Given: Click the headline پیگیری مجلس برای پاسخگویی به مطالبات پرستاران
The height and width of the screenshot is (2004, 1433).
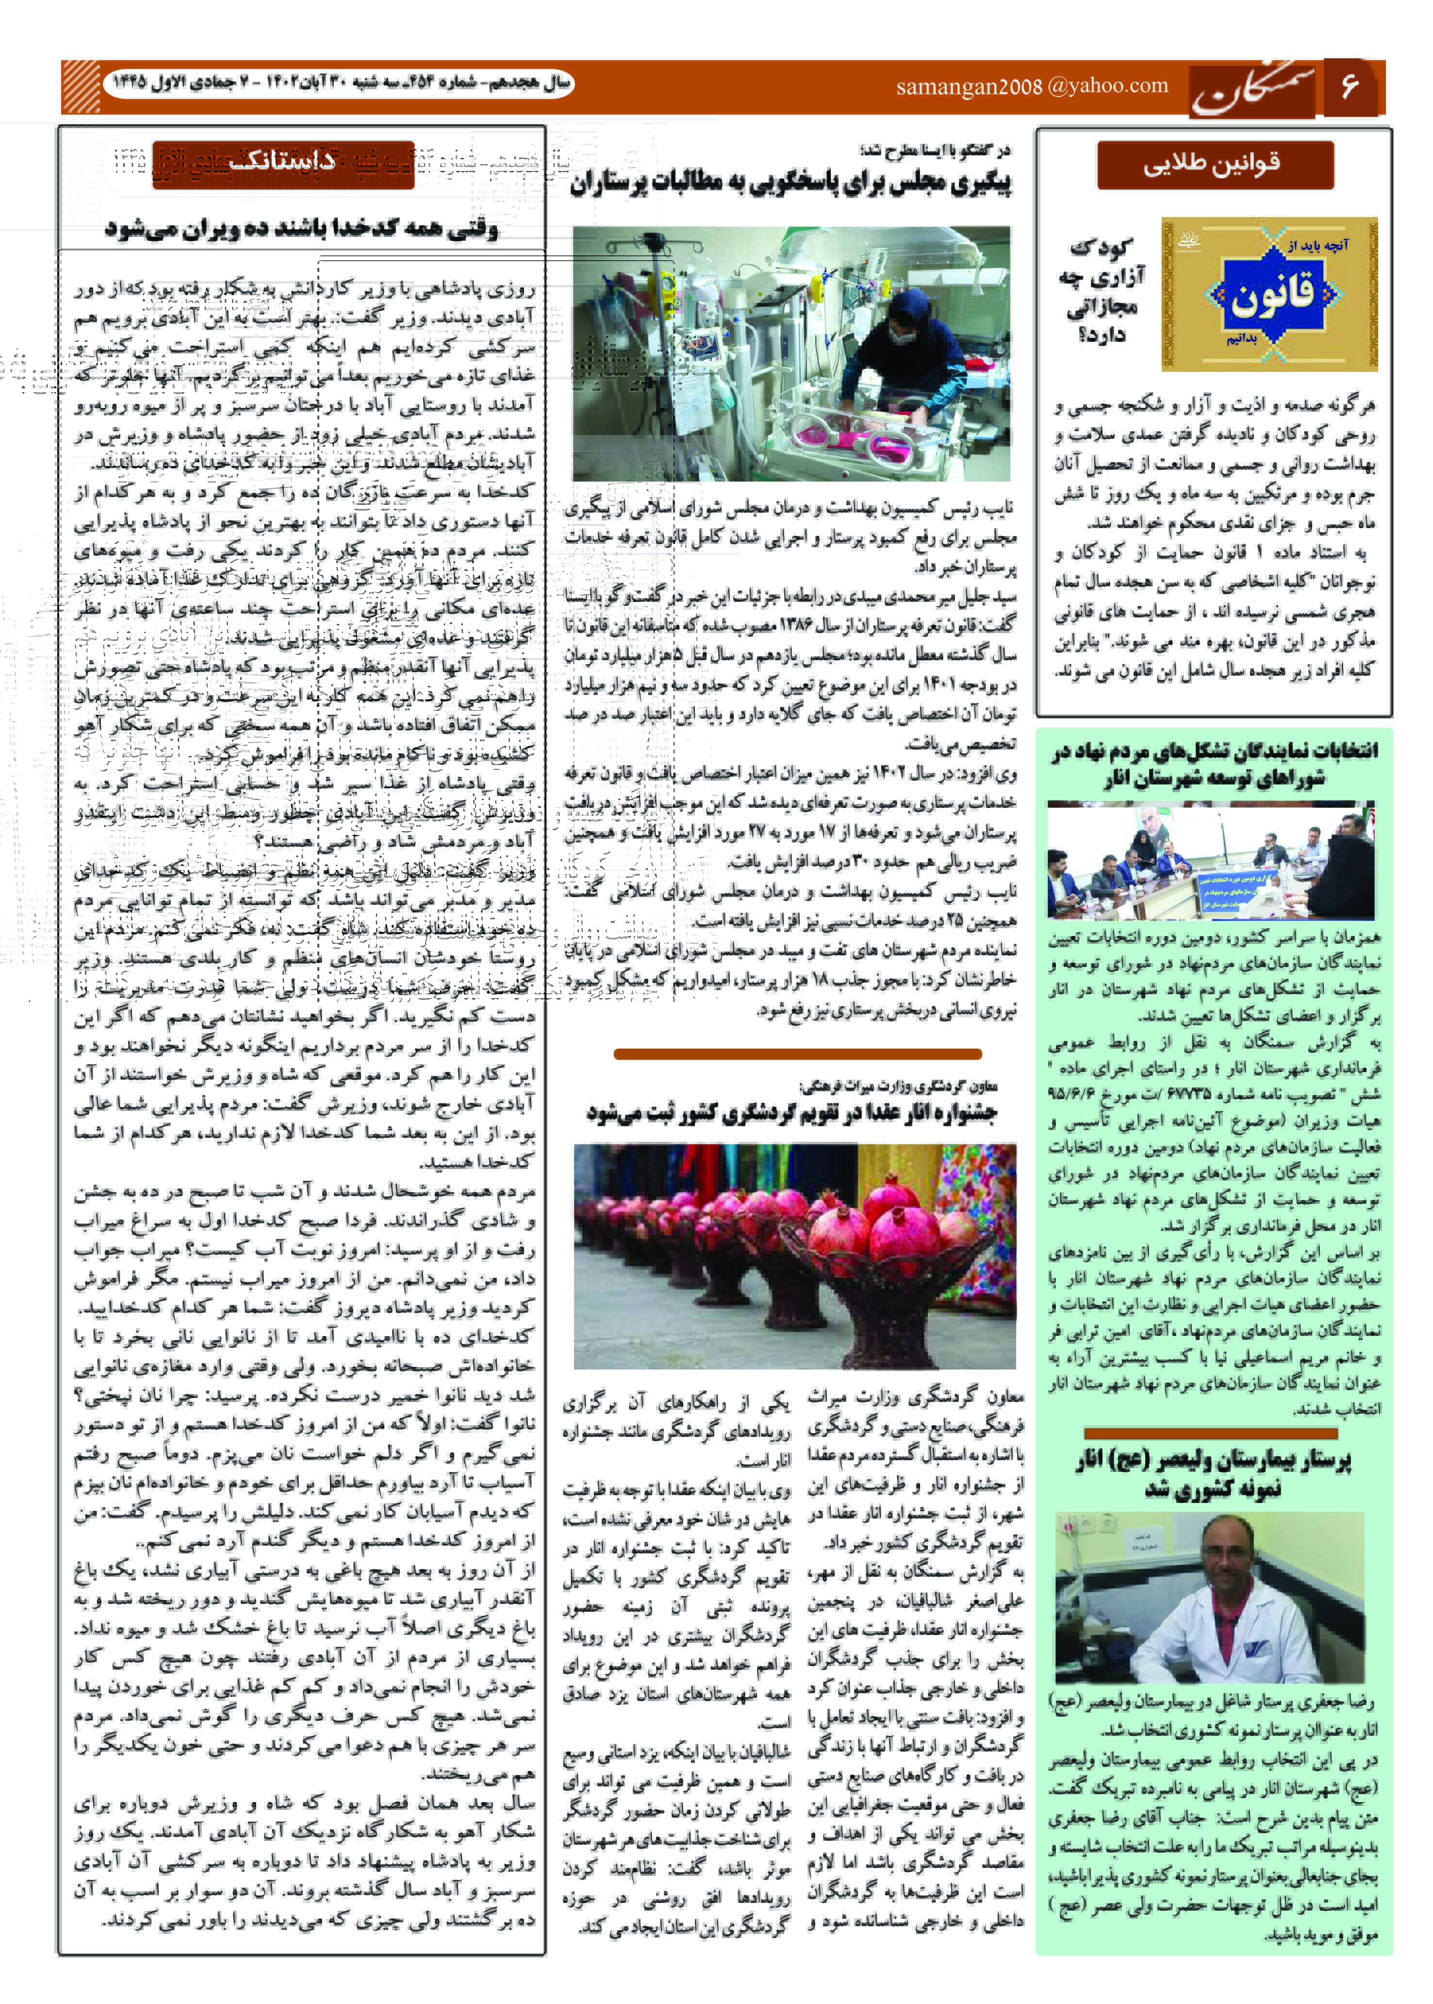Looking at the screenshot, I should [x=790, y=184].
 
